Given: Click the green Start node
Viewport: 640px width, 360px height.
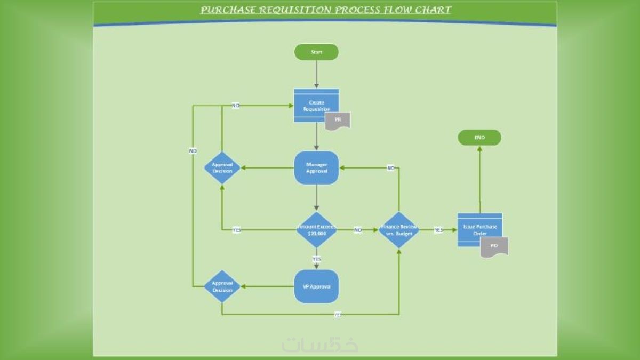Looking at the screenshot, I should pyautogui.click(x=316, y=52).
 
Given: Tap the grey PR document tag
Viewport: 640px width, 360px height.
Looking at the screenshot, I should pyautogui.click(x=338, y=120).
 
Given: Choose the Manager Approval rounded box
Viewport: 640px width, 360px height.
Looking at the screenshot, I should pyautogui.click(x=316, y=167).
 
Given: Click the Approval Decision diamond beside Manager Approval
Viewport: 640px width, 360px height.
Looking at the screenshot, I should pyautogui.click(x=222, y=167).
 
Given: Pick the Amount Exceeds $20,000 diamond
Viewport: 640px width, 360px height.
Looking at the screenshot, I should pyautogui.click(x=316, y=229).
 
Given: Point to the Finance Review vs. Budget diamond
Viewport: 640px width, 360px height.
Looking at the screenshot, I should pyautogui.click(x=399, y=229).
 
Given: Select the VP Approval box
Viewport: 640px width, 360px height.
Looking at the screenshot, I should pyautogui.click(x=316, y=286).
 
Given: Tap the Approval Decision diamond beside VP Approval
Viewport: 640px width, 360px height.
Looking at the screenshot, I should pyautogui.click(x=222, y=286).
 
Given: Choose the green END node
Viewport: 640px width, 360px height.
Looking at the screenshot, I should pyautogui.click(x=479, y=138).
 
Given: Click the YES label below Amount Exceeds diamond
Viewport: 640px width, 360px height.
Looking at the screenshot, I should pyautogui.click(x=316, y=259).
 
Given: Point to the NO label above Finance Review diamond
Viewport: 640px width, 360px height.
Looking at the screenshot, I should pyautogui.click(x=391, y=167).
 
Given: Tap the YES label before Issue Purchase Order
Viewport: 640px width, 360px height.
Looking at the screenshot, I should pyautogui.click(x=438, y=230).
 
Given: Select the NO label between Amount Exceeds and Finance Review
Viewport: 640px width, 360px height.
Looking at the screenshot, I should pyautogui.click(x=358, y=230).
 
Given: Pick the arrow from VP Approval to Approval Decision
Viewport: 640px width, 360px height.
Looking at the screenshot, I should pyautogui.click(x=267, y=286).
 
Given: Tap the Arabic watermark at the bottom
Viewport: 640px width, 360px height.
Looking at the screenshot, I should pyautogui.click(x=320, y=344).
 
